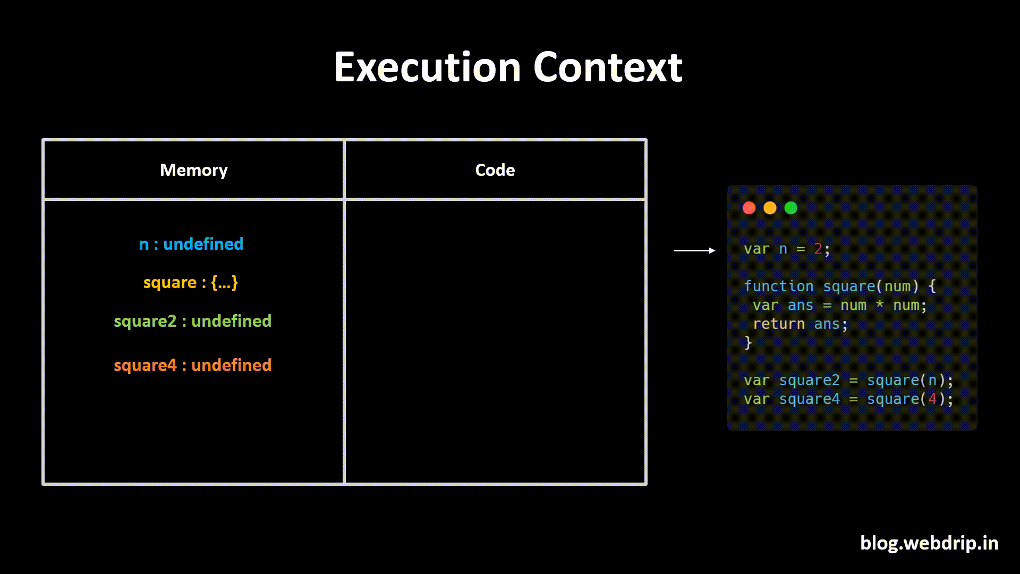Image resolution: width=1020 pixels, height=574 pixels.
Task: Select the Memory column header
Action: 193,170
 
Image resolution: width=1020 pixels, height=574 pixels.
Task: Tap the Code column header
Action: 495,170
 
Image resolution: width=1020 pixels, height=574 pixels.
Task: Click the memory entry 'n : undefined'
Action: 191,244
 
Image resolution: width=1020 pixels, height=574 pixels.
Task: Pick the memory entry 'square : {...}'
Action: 191,282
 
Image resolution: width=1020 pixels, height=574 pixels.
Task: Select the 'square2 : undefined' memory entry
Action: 192,321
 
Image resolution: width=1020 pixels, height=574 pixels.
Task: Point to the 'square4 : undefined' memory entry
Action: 192,365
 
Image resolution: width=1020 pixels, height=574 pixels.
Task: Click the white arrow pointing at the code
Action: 694,250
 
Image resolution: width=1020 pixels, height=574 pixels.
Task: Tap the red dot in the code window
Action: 749,208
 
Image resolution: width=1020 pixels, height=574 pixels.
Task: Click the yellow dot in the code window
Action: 770,208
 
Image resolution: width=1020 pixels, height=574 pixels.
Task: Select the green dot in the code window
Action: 790,208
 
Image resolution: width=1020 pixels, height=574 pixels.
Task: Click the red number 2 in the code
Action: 818,249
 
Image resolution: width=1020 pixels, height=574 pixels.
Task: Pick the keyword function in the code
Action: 778,286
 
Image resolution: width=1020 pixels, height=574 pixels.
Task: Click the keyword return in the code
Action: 778,324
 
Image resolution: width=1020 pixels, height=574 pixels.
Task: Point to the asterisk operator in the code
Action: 880,305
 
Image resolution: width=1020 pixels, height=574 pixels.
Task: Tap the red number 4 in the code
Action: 932,399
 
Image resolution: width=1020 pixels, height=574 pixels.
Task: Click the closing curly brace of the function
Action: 748,343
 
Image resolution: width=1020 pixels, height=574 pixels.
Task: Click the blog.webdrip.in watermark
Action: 929,543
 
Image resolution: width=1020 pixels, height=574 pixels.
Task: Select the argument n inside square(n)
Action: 932,381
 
